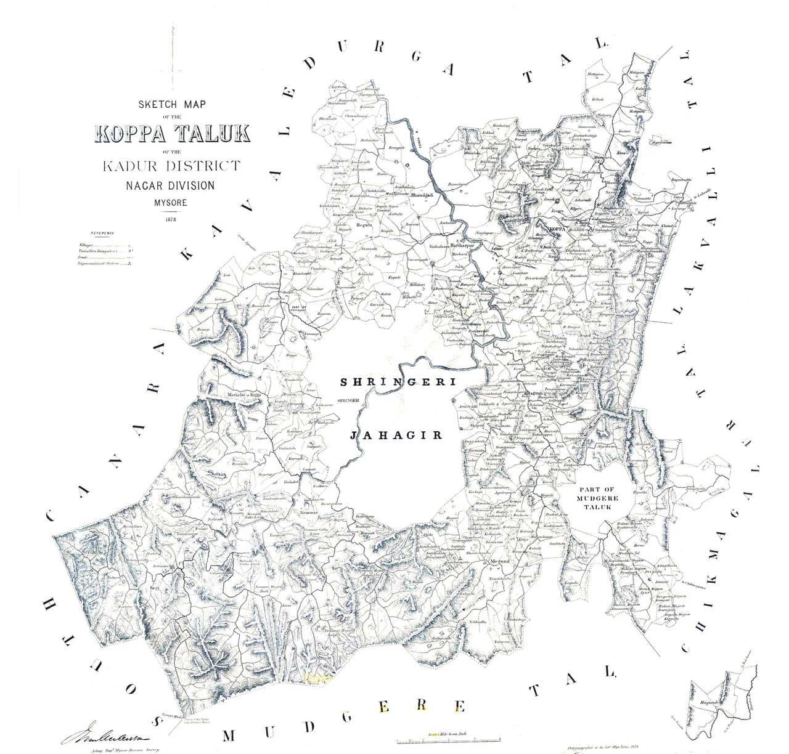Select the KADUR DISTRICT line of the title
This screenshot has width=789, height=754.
[172, 166]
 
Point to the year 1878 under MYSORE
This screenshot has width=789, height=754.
[171, 218]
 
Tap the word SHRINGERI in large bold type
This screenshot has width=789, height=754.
[398, 383]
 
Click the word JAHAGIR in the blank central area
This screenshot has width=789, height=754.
[396, 435]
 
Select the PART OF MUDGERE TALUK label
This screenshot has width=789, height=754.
[597, 497]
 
